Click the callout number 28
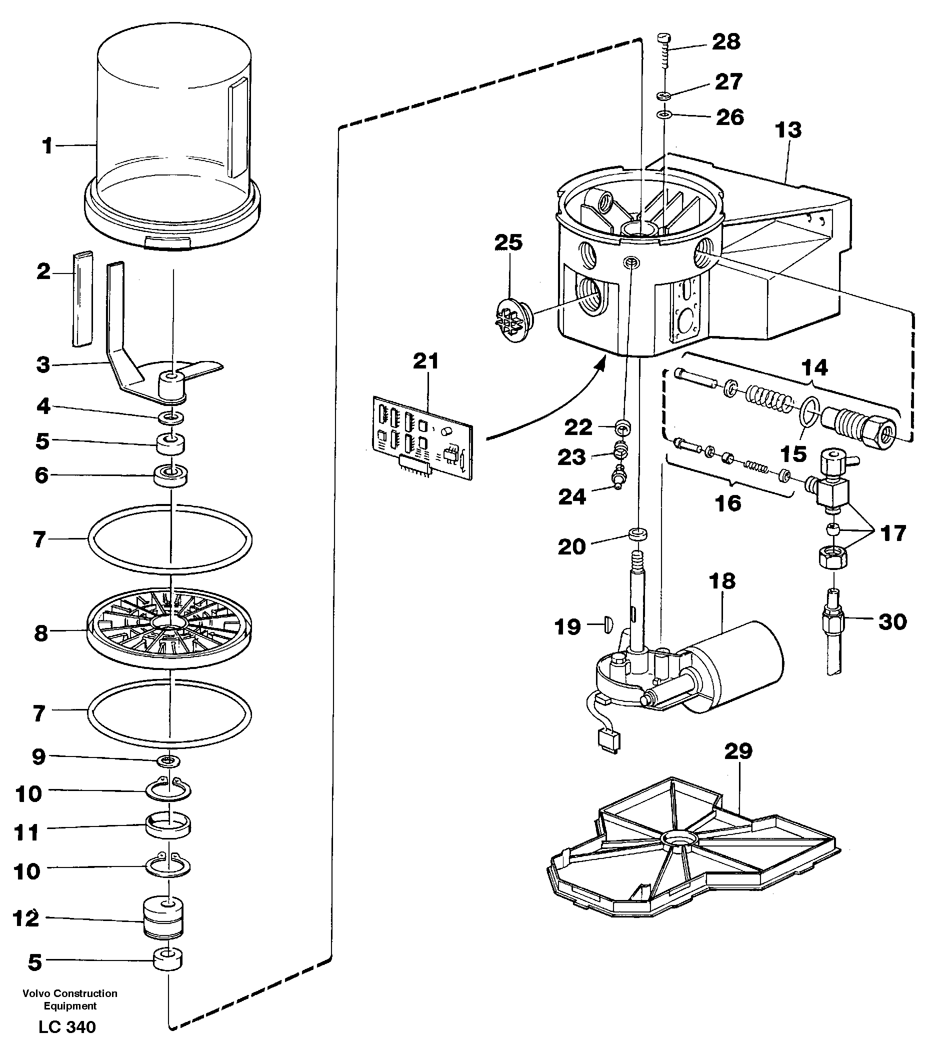[x=726, y=41]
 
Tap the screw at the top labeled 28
[x=664, y=52]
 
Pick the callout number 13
[x=788, y=130]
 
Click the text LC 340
[x=67, y=1027]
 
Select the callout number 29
[x=738, y=751]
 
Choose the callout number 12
[x=25, y=918]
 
